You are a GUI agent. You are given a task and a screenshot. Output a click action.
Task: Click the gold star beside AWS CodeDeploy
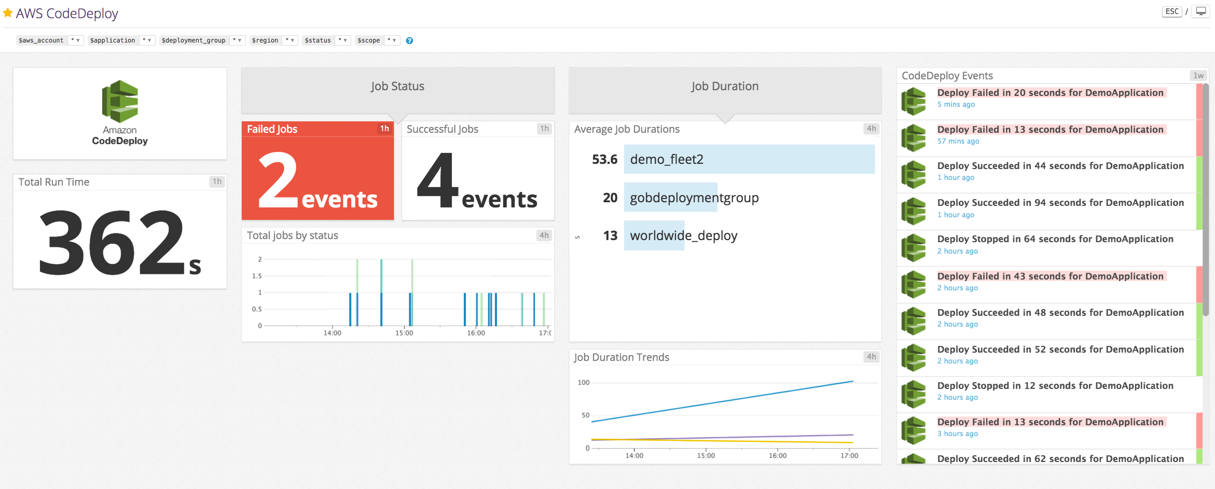pyautogui.click(x=8, y=12)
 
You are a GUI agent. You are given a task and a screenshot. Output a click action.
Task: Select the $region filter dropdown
pyautogui.click(x=289, y=40)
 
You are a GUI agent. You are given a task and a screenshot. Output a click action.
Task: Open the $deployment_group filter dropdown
pyautogui.click(x=237, y=40)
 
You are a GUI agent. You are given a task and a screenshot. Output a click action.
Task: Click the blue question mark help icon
pyautogui.click(x=409, y=40)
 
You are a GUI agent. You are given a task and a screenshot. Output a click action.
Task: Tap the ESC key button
pyautogui.click(x=1172, y=11)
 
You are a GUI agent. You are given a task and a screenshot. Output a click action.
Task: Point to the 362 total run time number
pyautogui.click(x=112, y=243)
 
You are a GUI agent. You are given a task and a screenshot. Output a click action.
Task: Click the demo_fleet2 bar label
pyautogui.click(x=667, y=159)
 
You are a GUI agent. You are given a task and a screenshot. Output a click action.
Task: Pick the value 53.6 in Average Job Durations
pyautogui.click(x=604, y=159)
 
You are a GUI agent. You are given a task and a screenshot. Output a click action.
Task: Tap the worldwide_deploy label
pyautogui.click(x=683, y=236)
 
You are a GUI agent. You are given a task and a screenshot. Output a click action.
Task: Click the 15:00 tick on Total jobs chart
pyautogui.click(x=404, y=333)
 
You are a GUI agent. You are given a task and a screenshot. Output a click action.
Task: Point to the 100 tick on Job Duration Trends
pyautogui.click(x=584, y=383)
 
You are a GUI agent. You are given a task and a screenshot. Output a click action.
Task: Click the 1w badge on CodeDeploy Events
pyautogui.click(x=1198, y=76)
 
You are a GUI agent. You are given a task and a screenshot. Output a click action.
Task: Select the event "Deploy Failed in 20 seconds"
pyautogui.click(x=1050, y=93)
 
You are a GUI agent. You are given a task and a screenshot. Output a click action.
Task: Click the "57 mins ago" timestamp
pyautogui.click(x=958, y=141)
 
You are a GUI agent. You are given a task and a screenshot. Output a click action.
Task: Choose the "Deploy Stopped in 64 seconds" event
pyautogui.click(x=1055, y=239)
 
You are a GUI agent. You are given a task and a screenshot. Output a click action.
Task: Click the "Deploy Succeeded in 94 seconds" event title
pyautogui.click(x=1060, y=203)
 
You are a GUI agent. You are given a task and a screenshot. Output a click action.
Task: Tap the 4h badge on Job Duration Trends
pyautogui.click(x=871, y=357)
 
